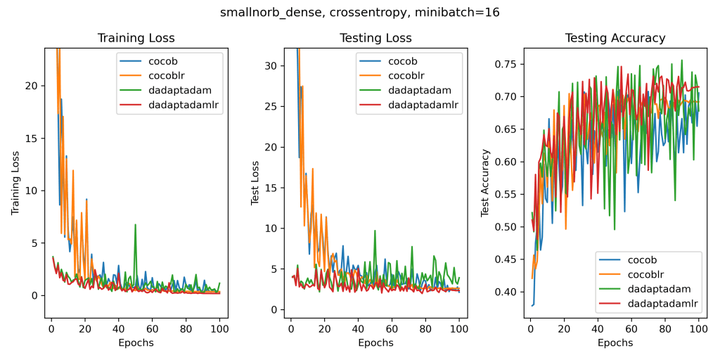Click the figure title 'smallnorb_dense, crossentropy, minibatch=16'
(x=359, y=12)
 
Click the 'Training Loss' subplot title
(x=136, y=38)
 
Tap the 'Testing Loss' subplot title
(x=375, y=38)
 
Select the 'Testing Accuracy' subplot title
(x=615, y=38)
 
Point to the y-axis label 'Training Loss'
(x=15, y=183)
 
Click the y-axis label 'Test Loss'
(x=255, y=183)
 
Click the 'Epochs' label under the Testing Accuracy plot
(x=615, y=343)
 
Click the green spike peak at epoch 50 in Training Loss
(x=135, y=225)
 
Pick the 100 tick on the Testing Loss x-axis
(x=459, y=328)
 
